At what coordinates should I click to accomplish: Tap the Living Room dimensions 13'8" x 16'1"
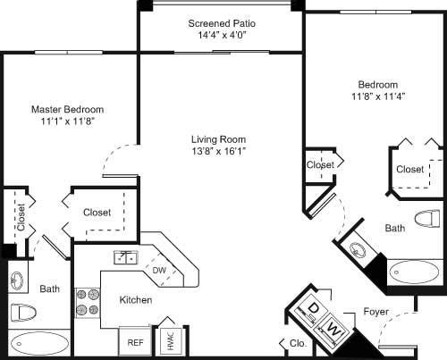tap(218, 152)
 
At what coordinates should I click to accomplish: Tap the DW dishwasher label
tap(160, 269)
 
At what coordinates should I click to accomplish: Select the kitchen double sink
tap(125, 257)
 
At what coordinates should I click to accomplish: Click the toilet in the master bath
tap(22, 314)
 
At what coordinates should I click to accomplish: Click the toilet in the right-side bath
tap(430, 218)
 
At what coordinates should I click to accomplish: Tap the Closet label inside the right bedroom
tap(409, 169)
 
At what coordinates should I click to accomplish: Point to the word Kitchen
tap(135, 300)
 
